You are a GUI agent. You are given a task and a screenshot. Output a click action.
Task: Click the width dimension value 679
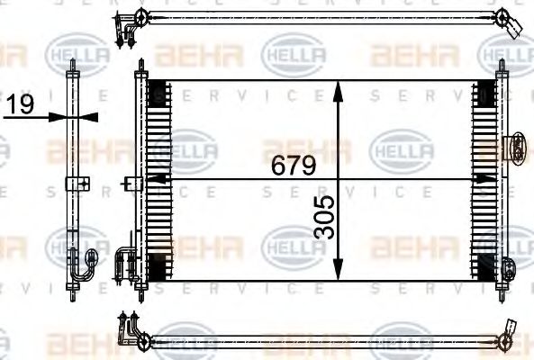[294, 166]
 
